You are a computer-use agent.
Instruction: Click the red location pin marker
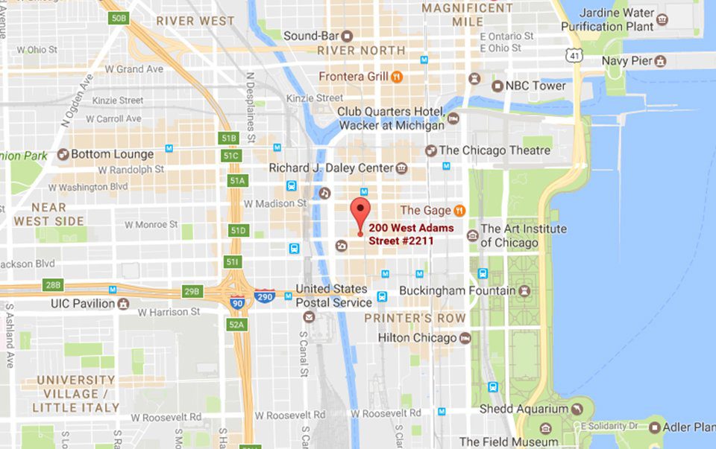(360, 210)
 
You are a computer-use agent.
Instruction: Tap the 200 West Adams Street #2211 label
(411, 234)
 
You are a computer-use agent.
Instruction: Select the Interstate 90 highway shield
(237, 302)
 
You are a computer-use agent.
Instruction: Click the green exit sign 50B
(119, 17)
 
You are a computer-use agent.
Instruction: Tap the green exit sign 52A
(236, 324)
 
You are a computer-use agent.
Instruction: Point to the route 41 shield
(573, 56)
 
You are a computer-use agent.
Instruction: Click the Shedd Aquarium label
(524, 409)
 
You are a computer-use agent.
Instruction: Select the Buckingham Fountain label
(457, 290)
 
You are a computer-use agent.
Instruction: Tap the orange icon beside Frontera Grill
(397, 76)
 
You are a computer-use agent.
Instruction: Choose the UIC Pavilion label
(83, 304)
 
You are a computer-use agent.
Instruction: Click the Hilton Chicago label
(417, 338)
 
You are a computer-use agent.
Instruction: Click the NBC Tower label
(536, 86)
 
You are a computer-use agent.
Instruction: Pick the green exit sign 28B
(53, 285)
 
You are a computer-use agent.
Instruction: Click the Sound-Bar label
(312, 36)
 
